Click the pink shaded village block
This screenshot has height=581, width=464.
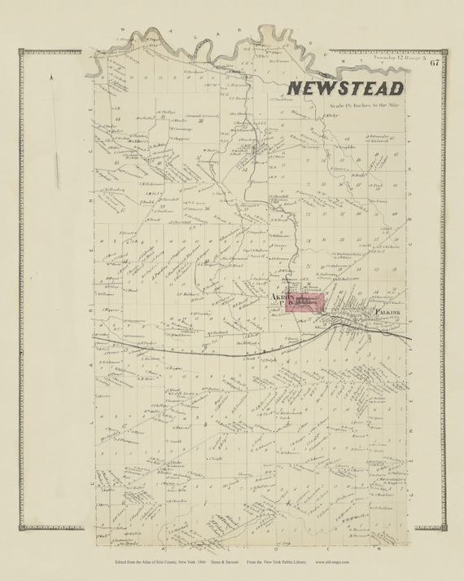pyautogui.click(x=306, y=302)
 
